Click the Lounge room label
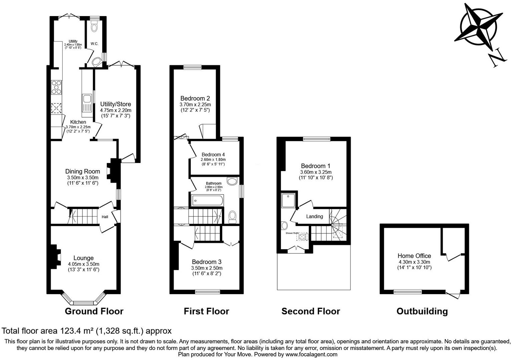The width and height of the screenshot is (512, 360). [83, 258]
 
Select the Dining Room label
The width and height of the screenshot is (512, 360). [82, 171]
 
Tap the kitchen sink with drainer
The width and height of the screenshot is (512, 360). [87, 103]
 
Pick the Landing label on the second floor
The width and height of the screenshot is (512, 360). [314, 216]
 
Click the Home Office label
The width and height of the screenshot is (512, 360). [414, 255]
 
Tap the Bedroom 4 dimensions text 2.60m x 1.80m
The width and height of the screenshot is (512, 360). [213, 160]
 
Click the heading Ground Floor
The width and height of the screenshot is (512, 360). [94, 311]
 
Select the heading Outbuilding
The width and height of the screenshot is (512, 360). [422, 311]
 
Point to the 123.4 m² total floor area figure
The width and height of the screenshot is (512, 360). [77, 331]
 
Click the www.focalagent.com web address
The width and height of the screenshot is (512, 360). [311, 354]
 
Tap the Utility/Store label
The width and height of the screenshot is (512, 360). [115, 104]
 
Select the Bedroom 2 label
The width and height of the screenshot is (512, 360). [195, 98]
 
